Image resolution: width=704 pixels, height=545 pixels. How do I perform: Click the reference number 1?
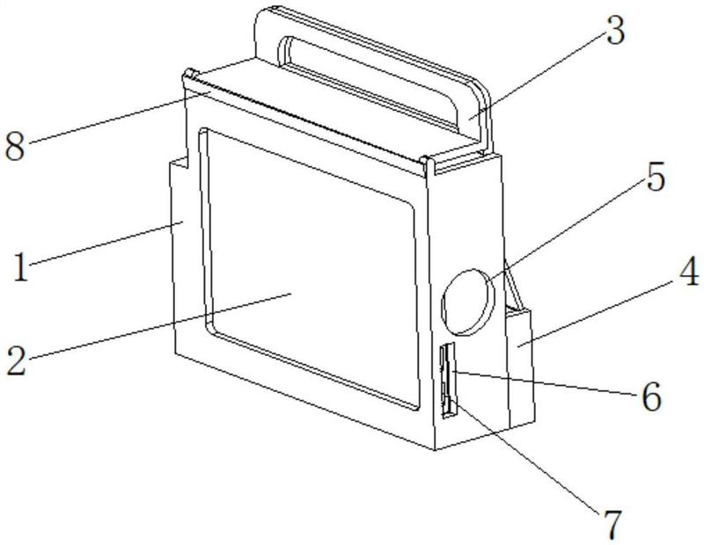[20, 267]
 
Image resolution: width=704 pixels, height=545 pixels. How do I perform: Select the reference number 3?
[615, 30]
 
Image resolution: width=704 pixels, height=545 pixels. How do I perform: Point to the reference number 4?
[688, 272]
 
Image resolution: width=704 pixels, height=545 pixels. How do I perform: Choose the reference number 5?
[655, 178]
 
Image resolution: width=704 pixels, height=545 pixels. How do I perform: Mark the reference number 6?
[651, 396]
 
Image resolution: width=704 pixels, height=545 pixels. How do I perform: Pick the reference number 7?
[612, 525]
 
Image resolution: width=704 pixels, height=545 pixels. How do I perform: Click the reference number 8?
[15, 147]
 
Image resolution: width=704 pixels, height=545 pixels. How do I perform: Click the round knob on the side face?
[468, 302]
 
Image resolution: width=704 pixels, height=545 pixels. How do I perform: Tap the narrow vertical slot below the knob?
[448, 381]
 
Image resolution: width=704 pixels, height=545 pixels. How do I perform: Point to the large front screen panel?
[310, 269]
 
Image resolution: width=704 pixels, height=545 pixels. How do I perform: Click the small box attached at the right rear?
[520, 367]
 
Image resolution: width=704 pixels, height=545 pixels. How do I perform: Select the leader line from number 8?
[119, 117]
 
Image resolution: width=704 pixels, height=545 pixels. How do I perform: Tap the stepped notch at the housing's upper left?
[179, 163]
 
